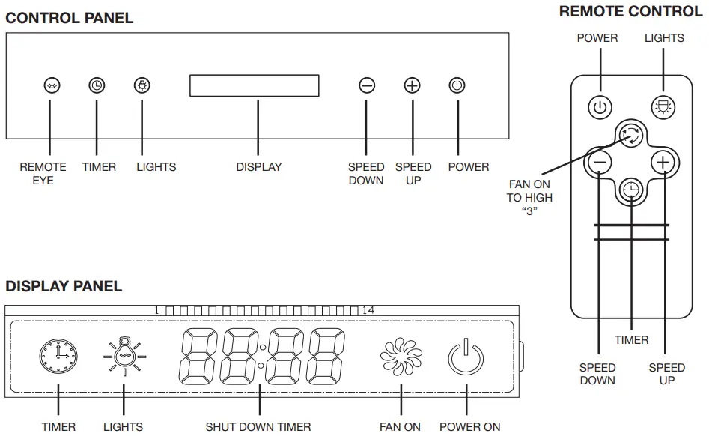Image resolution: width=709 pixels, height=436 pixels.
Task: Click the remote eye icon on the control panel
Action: pyautogui.click(x=51, y=85)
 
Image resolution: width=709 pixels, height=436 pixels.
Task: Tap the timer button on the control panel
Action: pyautogui.click(x=97, y=85)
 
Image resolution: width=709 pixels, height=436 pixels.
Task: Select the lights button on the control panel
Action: pyautogui.click(x=142, y=85)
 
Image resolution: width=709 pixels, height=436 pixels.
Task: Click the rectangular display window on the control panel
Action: pyautogui.click(x=255, y=85)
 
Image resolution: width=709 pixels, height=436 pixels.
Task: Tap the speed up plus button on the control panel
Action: pyautogui.click(x=412, y=85)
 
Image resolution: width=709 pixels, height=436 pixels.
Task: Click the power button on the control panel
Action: pyautogui.click(x=457, y=85)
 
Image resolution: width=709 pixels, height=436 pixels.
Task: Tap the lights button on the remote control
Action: pyautogui.click(x=663, y=107)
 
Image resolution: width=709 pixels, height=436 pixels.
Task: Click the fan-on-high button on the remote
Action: pyautogui.click(x=630, y=135)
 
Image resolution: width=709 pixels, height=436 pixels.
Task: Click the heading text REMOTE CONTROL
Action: pyautogui.click(x=630, y=11)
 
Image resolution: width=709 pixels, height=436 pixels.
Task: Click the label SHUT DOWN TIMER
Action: pyautogui.click(x=258, y=427)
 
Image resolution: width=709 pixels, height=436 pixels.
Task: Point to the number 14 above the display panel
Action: pyautogui.click(x=368, y=310)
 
